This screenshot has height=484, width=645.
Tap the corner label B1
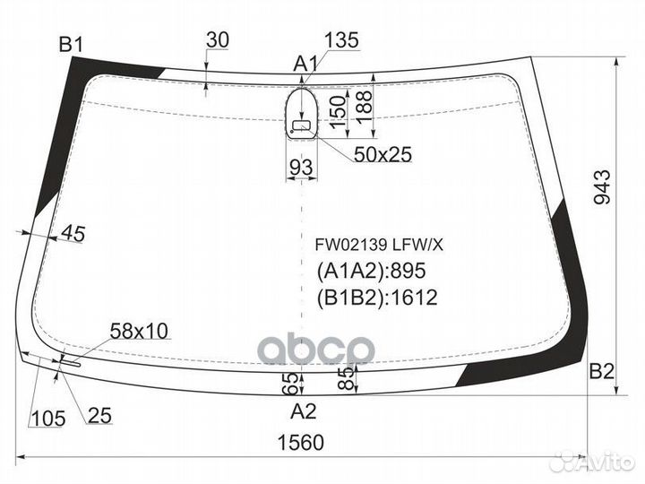point(71,43)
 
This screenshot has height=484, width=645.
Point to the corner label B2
point(601,372)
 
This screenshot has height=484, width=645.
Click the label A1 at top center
point(306,64)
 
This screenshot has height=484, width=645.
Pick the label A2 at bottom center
point(305,412)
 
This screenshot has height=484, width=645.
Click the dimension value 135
point(341,40)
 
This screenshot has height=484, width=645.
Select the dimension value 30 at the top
point(217,40)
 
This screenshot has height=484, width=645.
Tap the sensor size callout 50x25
point(382,155)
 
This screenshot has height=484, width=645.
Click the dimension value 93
point(301,166)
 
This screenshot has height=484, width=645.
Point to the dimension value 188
point(364,106)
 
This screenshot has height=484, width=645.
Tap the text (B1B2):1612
point(376,297)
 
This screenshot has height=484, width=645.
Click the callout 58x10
point(139,331)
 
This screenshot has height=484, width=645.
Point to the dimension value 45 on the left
point(73,235)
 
